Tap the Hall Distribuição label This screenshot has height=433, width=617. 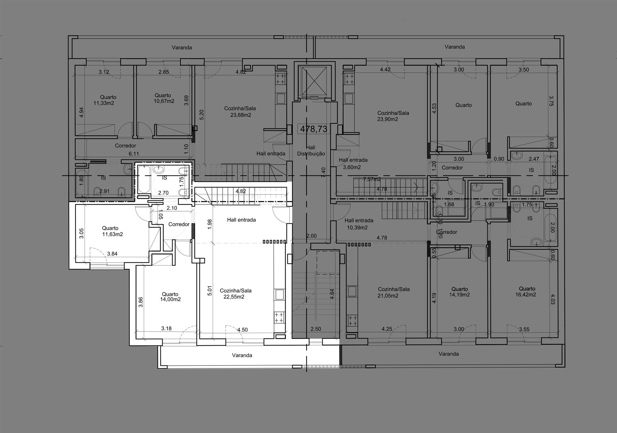point(311,151)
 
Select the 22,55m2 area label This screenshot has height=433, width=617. point(234,297)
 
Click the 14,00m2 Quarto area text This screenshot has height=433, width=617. point(170,299)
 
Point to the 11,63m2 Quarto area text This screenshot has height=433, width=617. point(112,234)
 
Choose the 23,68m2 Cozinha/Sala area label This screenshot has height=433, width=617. point(241,115)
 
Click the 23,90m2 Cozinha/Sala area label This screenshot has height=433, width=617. point(388,119)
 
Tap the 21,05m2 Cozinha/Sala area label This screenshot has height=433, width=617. point(388,296)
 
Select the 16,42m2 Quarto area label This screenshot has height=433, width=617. point(525,294)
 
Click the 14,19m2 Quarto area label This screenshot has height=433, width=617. point(460,295)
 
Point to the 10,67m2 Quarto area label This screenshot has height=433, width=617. point(164,101)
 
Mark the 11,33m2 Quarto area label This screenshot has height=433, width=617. point(104,103)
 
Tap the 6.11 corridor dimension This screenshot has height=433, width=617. point(134,154)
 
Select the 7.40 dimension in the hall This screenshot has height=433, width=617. point(323,172)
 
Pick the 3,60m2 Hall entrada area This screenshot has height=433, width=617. point(352,167)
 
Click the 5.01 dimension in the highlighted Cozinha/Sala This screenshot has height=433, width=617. point(210,291)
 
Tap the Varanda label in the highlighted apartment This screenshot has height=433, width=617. point(242,355)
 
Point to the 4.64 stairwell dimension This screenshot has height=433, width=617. point(332,294)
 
